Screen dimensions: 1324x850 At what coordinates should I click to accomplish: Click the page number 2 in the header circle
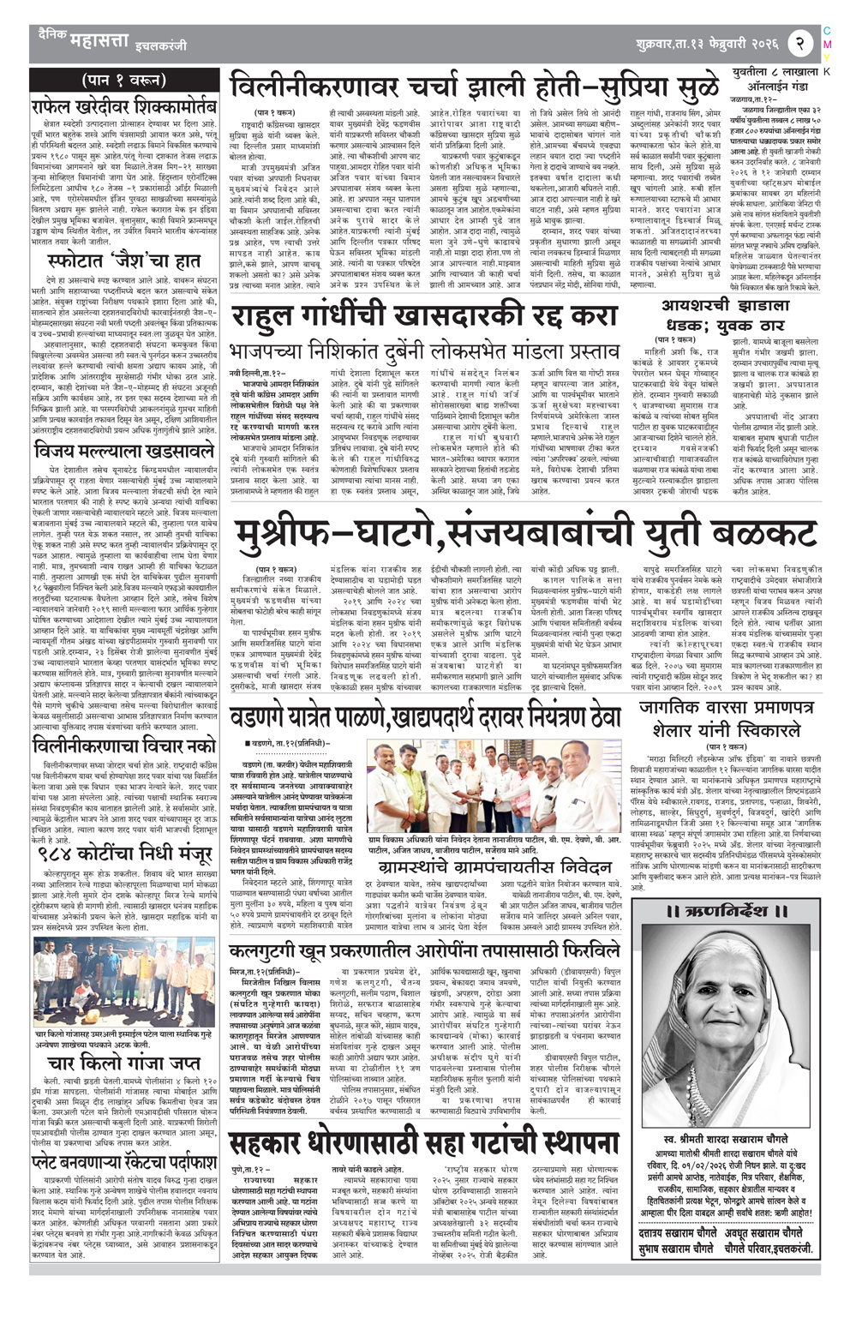[798, 41]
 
